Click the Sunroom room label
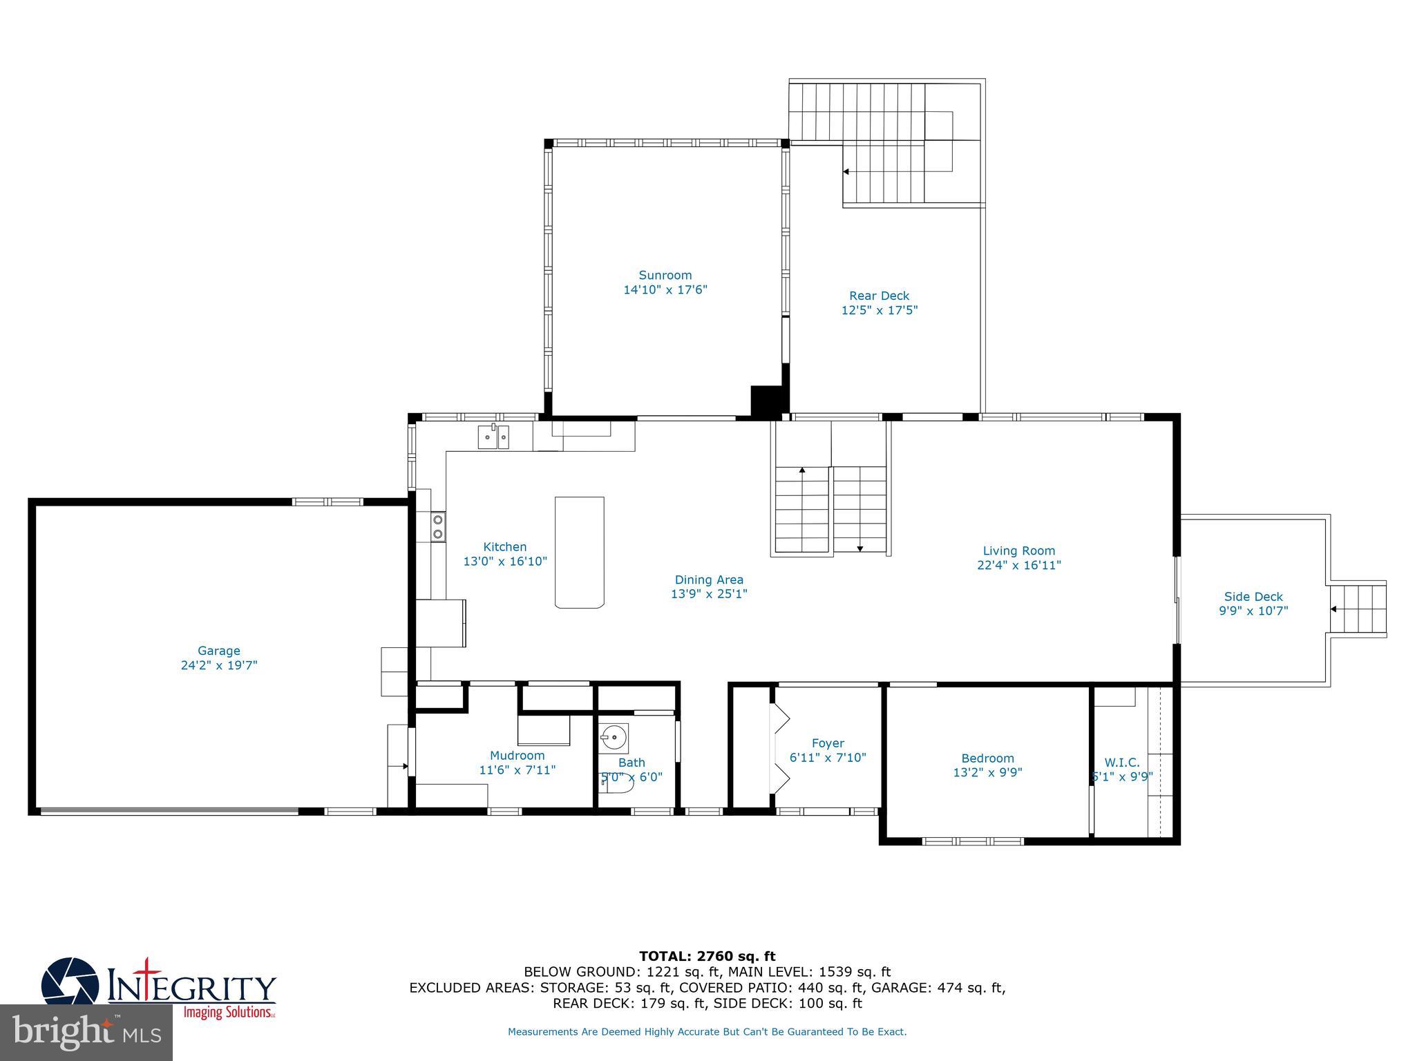(x=665, y=275)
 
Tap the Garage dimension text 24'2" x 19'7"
(x=219, y=665)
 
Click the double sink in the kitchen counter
(x=493, y=437)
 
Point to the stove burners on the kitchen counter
(x=438, y=526)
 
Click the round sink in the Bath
(x=614, y=738)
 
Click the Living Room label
(x=1019, y=551)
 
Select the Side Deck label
(x=1253, y=596)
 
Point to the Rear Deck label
(x=880, y=296)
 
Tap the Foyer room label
(x=828, y=743)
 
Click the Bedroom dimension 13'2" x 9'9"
(x=987, y=772)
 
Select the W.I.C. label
(x=1121, y=763)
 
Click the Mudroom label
(x=517, y=756)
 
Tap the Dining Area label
(x=709, y=580)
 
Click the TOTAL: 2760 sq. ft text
(x=707, y=956)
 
